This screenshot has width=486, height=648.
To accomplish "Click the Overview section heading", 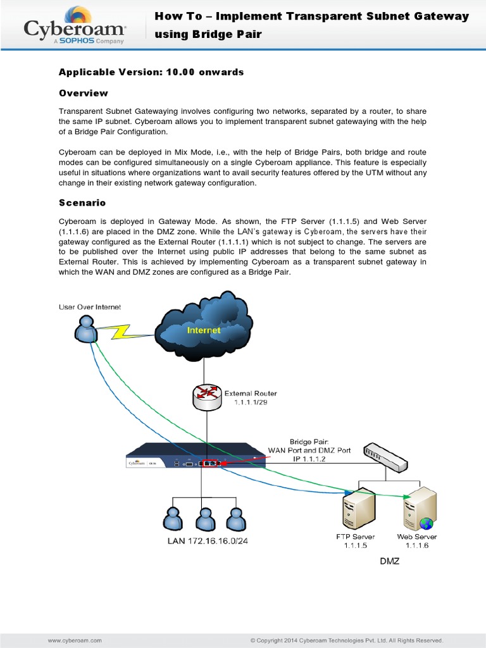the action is click(x=84, y=93).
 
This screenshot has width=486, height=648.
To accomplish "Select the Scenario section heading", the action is click(x=82, y=203).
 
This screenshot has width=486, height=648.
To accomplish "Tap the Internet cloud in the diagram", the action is click(x=204, y=330).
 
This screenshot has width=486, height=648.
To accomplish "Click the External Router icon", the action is click(x=207, y=396).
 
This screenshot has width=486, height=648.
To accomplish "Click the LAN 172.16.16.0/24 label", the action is click(x=207, y=541).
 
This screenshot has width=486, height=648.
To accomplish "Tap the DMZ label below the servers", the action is click(x=389, y=561).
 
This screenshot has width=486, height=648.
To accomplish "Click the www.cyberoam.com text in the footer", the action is click(x=75, y=640).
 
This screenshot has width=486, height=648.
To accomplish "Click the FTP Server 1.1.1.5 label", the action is click(x=352, y=541).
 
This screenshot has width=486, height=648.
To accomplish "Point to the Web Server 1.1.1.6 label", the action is click(x=417, y=541).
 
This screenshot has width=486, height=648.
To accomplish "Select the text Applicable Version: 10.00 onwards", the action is click(x=151, y=72).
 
